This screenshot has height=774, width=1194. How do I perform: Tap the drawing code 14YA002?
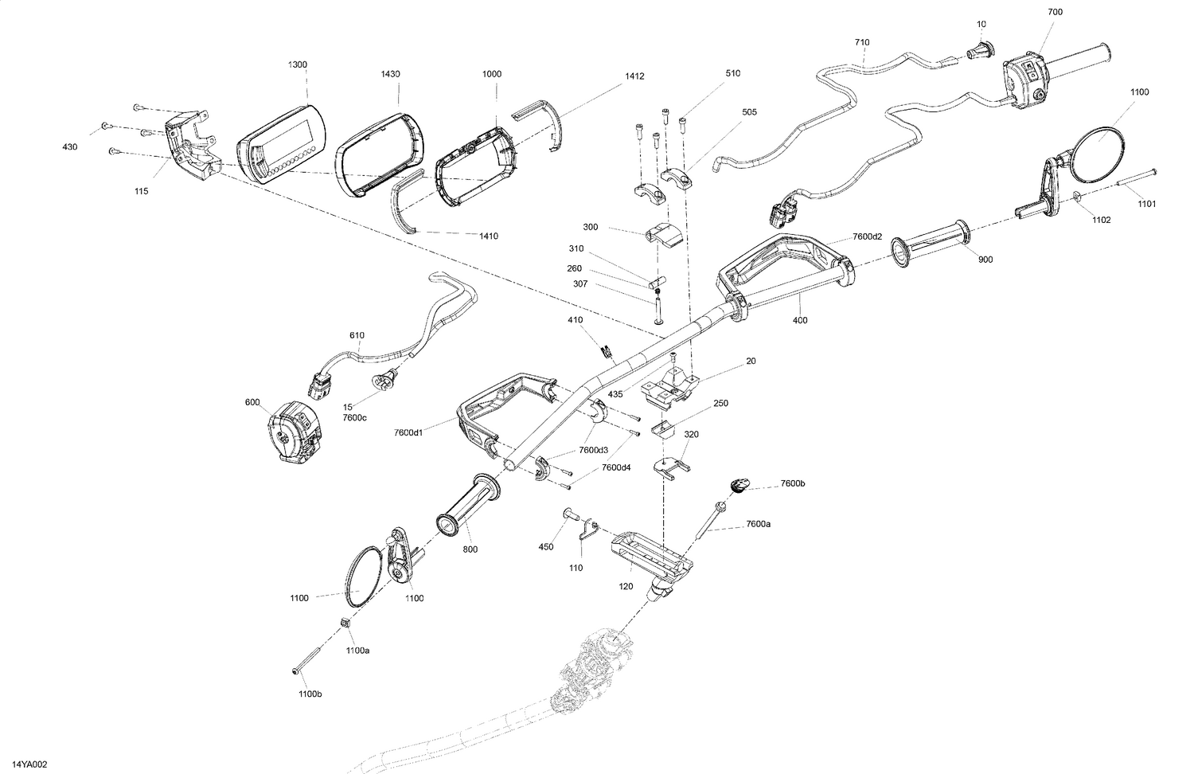click(x=30, y=764)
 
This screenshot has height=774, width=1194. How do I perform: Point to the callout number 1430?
click(x=390, y=74)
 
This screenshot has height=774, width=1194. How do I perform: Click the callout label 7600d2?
click(x=867, y=236)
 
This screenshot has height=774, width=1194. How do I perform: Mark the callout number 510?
click(x=732, y=73)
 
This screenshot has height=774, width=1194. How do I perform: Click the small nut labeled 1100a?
click(x=346, y=621)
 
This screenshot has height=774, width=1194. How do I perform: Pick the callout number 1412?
click(x=634, y=76)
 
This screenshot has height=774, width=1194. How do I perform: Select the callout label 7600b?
click(x=793, y=483)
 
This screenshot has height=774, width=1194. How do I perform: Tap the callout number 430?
click(x=71, y=147)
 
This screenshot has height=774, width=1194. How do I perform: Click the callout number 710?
click(x=861, y=42)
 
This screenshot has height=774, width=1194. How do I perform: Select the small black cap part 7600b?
click(x=739, y=484)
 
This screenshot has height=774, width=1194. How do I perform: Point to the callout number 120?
click(x=626, y=586)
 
